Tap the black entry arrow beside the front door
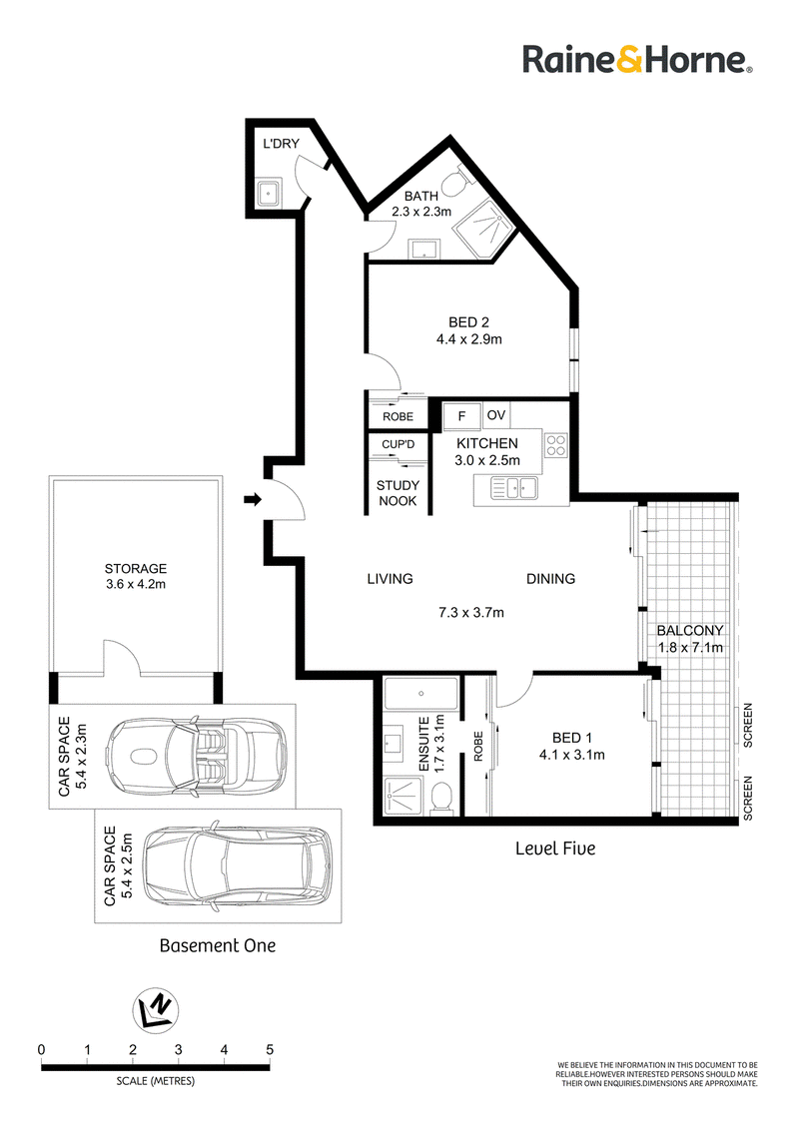(x=253, y=499)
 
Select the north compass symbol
(x=156, y=1010)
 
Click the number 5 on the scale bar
(x=270, y=1049)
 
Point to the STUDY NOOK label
(x=399, y=493)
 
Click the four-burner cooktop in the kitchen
(x=556, y=444)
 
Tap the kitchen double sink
(x=514, y=488)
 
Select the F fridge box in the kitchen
(x=461, y=416)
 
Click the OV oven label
(x=496, y=415)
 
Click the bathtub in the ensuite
(x=421, y=694)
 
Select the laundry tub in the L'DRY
(x=269, y=193)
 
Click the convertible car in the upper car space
(x=196, y=756)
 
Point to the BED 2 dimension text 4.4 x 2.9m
(x=469, y=338)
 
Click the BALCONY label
(x=690, y=631)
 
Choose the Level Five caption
(x=555, y=848)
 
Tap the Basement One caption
(x=218, y=945)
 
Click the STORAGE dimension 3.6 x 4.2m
(x=136, y=584)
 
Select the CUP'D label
(x=399, y=444)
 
